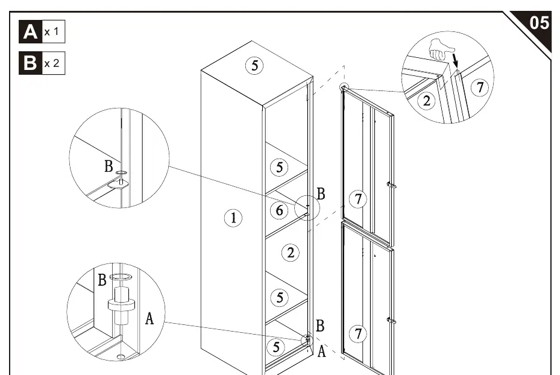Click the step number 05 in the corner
click(x=539, y=23)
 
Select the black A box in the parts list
click(x=30, y=32)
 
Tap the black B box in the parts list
click(x=30, y=63)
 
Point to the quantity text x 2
click(x=52, y=63)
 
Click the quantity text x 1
click(x=51, y=32)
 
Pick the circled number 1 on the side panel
click(x=233, y=218)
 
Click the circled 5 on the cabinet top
click(x=254, y=65)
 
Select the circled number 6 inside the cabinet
click(x=279, y=210)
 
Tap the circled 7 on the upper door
click(x=358, y=199)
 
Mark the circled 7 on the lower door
click(x=358, y=333)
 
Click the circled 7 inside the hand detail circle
click(x=480, y=87)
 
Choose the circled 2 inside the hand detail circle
click(x=426, y=101)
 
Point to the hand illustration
click(x=441, y=49)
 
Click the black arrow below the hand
click(x=455, y=60)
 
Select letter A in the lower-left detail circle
click(x=149, y=318)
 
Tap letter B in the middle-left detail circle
click(x=109, y=166)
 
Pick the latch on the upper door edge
click(x=392, y=185)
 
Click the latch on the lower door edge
click(x=392, y=320)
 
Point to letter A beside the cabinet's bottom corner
click(x=322, y=351)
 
